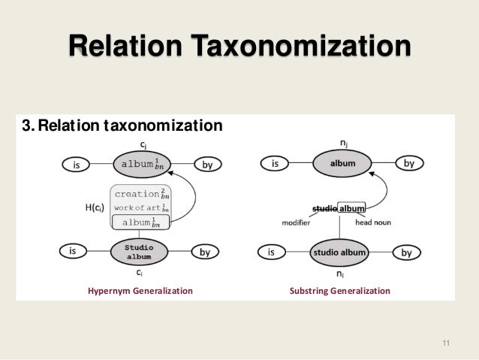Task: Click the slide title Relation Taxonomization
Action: point(239,47)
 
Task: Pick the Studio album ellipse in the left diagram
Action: point(139,252)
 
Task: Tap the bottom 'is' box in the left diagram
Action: point(73,253)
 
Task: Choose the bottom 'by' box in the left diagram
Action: point(205,253)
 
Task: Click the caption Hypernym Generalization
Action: point(140,290)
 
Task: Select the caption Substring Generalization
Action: point(340,290)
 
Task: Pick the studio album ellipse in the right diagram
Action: point(339,253)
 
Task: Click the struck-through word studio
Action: point(324,208)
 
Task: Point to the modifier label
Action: point(296,222)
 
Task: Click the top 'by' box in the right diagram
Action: point(409,162)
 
